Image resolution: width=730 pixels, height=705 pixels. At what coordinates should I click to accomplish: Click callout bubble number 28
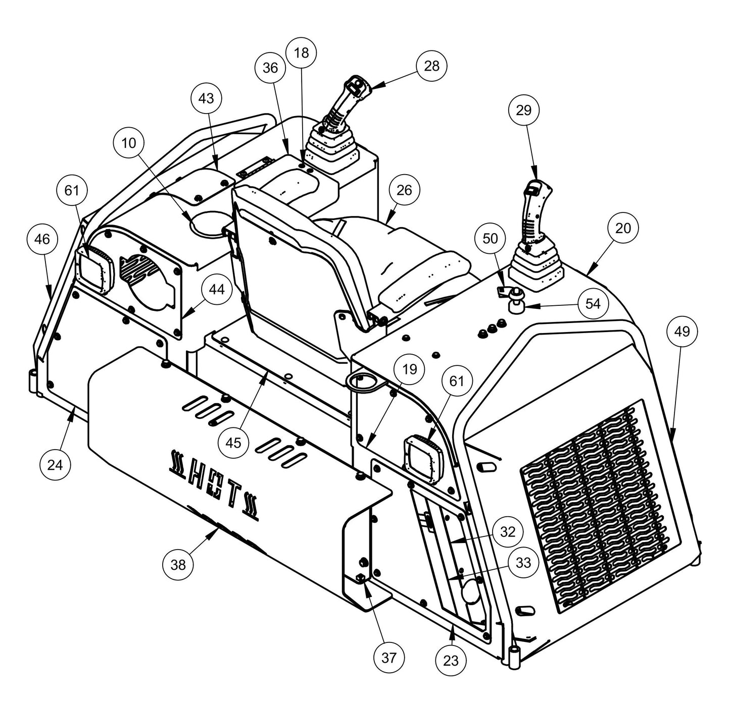click(x=431, y=66)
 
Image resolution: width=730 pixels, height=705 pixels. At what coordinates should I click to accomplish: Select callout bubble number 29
click(x=524, y=110)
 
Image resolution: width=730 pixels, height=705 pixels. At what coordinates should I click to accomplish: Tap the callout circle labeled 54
click(x=593, y=304)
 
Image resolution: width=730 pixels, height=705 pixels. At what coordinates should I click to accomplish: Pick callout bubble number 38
click(x=178, y=565)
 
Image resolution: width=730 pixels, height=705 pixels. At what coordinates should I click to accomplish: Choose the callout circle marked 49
click(x=682, y=332)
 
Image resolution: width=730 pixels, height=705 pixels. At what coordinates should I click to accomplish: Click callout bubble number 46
click(x=42, y=239)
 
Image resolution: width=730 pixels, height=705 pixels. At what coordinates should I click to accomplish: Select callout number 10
click(x=129, y=143)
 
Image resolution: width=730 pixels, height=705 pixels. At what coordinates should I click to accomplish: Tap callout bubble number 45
click(x=233, y=443)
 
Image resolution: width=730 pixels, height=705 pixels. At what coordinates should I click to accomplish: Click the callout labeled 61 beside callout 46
click(x=72, y=191)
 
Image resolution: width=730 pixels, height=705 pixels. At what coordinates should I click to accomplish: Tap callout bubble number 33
click(x=523, y=562)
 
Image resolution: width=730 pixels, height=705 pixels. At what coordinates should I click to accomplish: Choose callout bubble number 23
click(x=451, y=660)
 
